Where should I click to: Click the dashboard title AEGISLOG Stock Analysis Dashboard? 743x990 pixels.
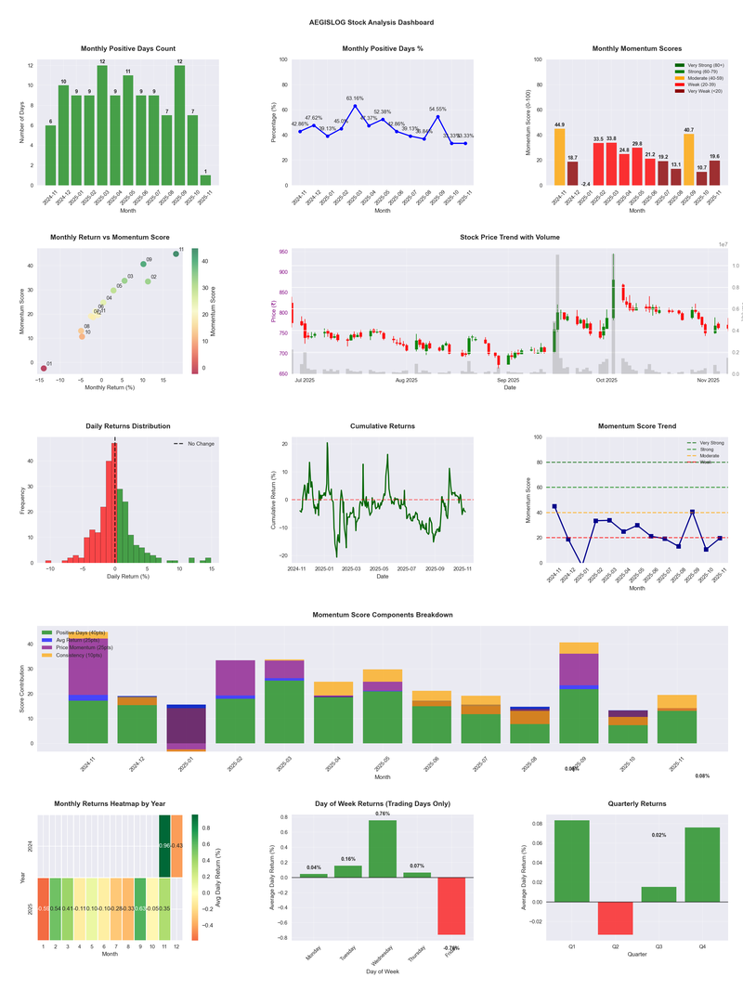click(371, 21)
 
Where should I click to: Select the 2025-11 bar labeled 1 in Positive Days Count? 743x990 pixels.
click(205, 179)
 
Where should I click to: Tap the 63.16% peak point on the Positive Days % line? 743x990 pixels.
click(356, 106)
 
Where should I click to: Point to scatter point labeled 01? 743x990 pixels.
click(43, 369)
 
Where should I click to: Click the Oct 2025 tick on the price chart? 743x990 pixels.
click(606, 381)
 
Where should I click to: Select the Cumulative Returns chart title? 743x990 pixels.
click(382, 425)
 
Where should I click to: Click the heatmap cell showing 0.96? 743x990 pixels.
click(164, 846)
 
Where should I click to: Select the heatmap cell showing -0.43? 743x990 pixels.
click(176, 846)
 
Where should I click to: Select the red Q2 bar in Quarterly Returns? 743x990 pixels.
click(614, 918)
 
